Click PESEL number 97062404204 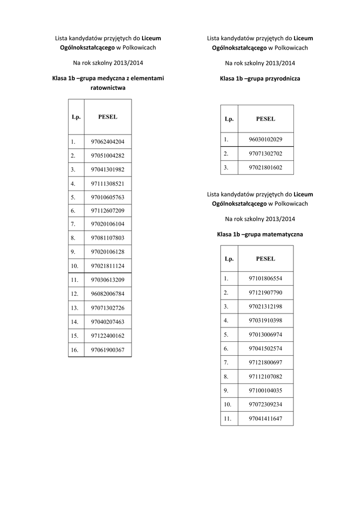108,142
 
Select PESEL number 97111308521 108,184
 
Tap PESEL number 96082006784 108,294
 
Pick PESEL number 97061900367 108,350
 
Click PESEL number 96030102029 266,139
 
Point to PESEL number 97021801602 266,168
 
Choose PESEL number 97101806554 266,279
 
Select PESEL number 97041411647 266,419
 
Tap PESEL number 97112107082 266,377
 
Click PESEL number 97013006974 266,335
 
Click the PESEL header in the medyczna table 108,117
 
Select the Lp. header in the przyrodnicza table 229,119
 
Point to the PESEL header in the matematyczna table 266,259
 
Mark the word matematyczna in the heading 282,234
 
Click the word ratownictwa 108,88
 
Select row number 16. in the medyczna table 75,350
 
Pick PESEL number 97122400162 108,336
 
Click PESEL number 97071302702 266,154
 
